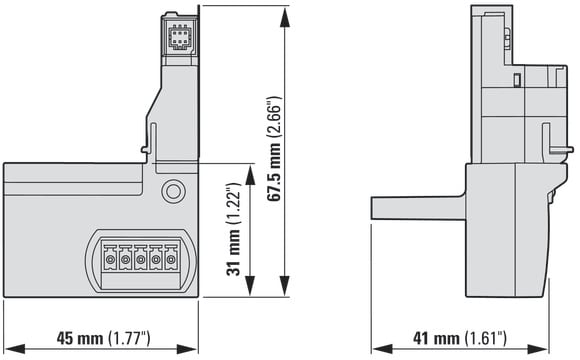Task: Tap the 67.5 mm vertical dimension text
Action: [274, 149]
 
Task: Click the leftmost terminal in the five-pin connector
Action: [110, 258]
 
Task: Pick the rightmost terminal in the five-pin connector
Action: [171, 258]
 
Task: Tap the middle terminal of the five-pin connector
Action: [140, 258]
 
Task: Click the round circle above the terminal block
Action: [173, 191]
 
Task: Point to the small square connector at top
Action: [178, 36]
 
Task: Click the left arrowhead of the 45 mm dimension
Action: [14, 349]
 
